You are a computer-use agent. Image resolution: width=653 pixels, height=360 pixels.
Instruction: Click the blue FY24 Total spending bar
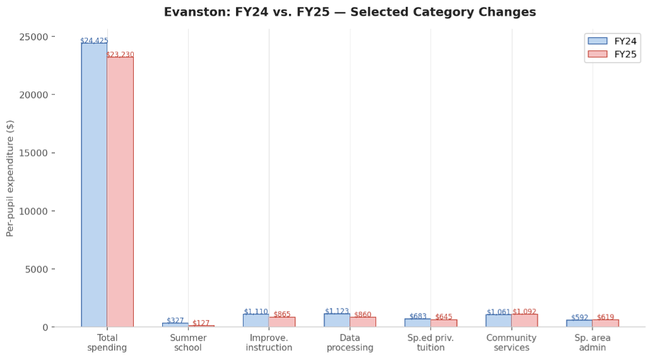tap(94, 185)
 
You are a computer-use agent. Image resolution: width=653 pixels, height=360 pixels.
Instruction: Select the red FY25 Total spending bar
tap(120, 192)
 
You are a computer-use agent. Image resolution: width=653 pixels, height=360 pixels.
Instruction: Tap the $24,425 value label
tap(94, 41)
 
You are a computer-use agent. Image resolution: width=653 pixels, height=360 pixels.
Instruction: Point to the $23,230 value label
tap(120, 55)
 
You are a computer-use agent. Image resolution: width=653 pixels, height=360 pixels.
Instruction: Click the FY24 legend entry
tap(612, 41)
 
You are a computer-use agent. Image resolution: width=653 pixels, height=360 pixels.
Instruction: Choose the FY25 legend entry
tap(612, 54)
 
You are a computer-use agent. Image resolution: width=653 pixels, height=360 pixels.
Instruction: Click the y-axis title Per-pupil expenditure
tap(10, 178)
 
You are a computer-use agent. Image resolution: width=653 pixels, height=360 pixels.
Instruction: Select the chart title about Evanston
tap(350, 12)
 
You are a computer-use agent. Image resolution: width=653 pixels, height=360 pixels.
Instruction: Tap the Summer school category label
tap(188, 343)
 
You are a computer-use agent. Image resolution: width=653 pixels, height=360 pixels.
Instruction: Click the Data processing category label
tap(350, 343)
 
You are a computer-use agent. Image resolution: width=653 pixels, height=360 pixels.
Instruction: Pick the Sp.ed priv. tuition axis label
tap(431, 343)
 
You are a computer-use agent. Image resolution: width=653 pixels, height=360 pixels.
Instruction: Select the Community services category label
tap(512, 343)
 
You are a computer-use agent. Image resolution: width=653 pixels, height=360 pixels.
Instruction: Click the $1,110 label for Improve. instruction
tap(256, 312)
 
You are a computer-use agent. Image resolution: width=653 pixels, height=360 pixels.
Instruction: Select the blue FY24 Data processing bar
tap(337, 320)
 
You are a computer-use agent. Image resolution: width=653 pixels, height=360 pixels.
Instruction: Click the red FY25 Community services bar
tap(525, 320)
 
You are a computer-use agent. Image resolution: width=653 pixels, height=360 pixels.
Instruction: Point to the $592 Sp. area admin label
tap(580, 318)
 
